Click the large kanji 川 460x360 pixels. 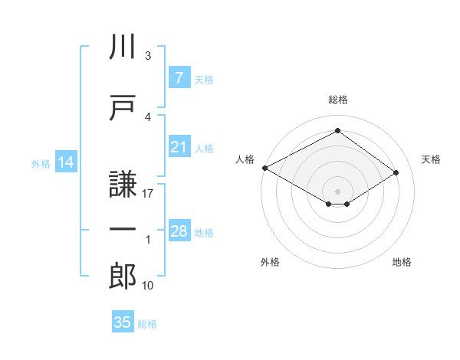click(x=123, y=46)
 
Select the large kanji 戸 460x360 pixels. click(x=123, y=107)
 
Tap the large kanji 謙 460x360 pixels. click(x=123, y=184)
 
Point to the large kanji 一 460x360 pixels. click(x=123, y=229)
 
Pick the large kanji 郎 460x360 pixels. click(x=123, y=276)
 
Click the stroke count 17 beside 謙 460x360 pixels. click(x=147, y=194)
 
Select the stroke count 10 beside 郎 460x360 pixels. click(x=147, y=285)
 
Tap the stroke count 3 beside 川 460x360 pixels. click(x=148, y=55)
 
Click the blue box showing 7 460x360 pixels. click(x=179, y=77)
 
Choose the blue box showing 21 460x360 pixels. click(x=179, y=146)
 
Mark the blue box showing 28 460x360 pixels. click(x=179, y=230)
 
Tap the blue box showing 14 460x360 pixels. click(x=66, y=162)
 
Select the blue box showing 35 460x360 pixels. click(x=123, y=321)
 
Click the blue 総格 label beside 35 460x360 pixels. click(x=147, y=324)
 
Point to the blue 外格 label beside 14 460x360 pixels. click(x=41, y=164)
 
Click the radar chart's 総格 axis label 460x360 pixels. click(x=338, y=100)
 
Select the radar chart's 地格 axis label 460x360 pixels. click(x=402, y=262)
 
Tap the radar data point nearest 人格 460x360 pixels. click(x=265, y=168)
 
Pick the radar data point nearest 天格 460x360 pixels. click(x=396, y=172)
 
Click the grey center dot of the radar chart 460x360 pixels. click(x=337, y=191)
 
